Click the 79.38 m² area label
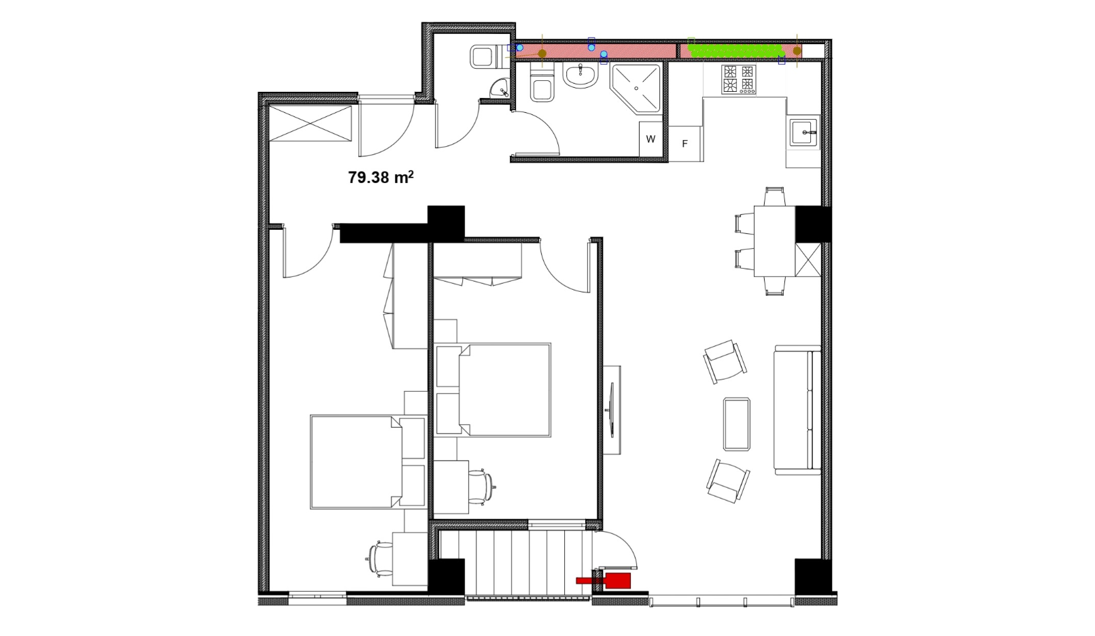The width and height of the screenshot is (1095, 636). click(381, 177)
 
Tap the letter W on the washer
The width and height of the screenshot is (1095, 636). click(650, 139)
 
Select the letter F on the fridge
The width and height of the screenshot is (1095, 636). click(685, 144)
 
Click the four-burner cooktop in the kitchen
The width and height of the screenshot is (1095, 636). click(739, 80)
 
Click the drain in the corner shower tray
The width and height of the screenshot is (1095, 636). click(636, 88)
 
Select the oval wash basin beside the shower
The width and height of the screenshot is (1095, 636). click(580, 76)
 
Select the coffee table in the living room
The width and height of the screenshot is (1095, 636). click(737, 424)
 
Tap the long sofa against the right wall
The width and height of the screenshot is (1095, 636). click(797, 409)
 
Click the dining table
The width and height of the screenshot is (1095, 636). click(774, 241)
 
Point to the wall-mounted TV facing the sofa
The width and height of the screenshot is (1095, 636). click(611, 409)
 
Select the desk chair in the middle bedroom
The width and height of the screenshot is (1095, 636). click(482, 486)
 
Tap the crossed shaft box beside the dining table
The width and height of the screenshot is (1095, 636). click(808, 260)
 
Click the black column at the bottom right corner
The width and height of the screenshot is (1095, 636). click(812, 576)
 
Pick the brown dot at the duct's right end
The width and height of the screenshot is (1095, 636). click(797, 50)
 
